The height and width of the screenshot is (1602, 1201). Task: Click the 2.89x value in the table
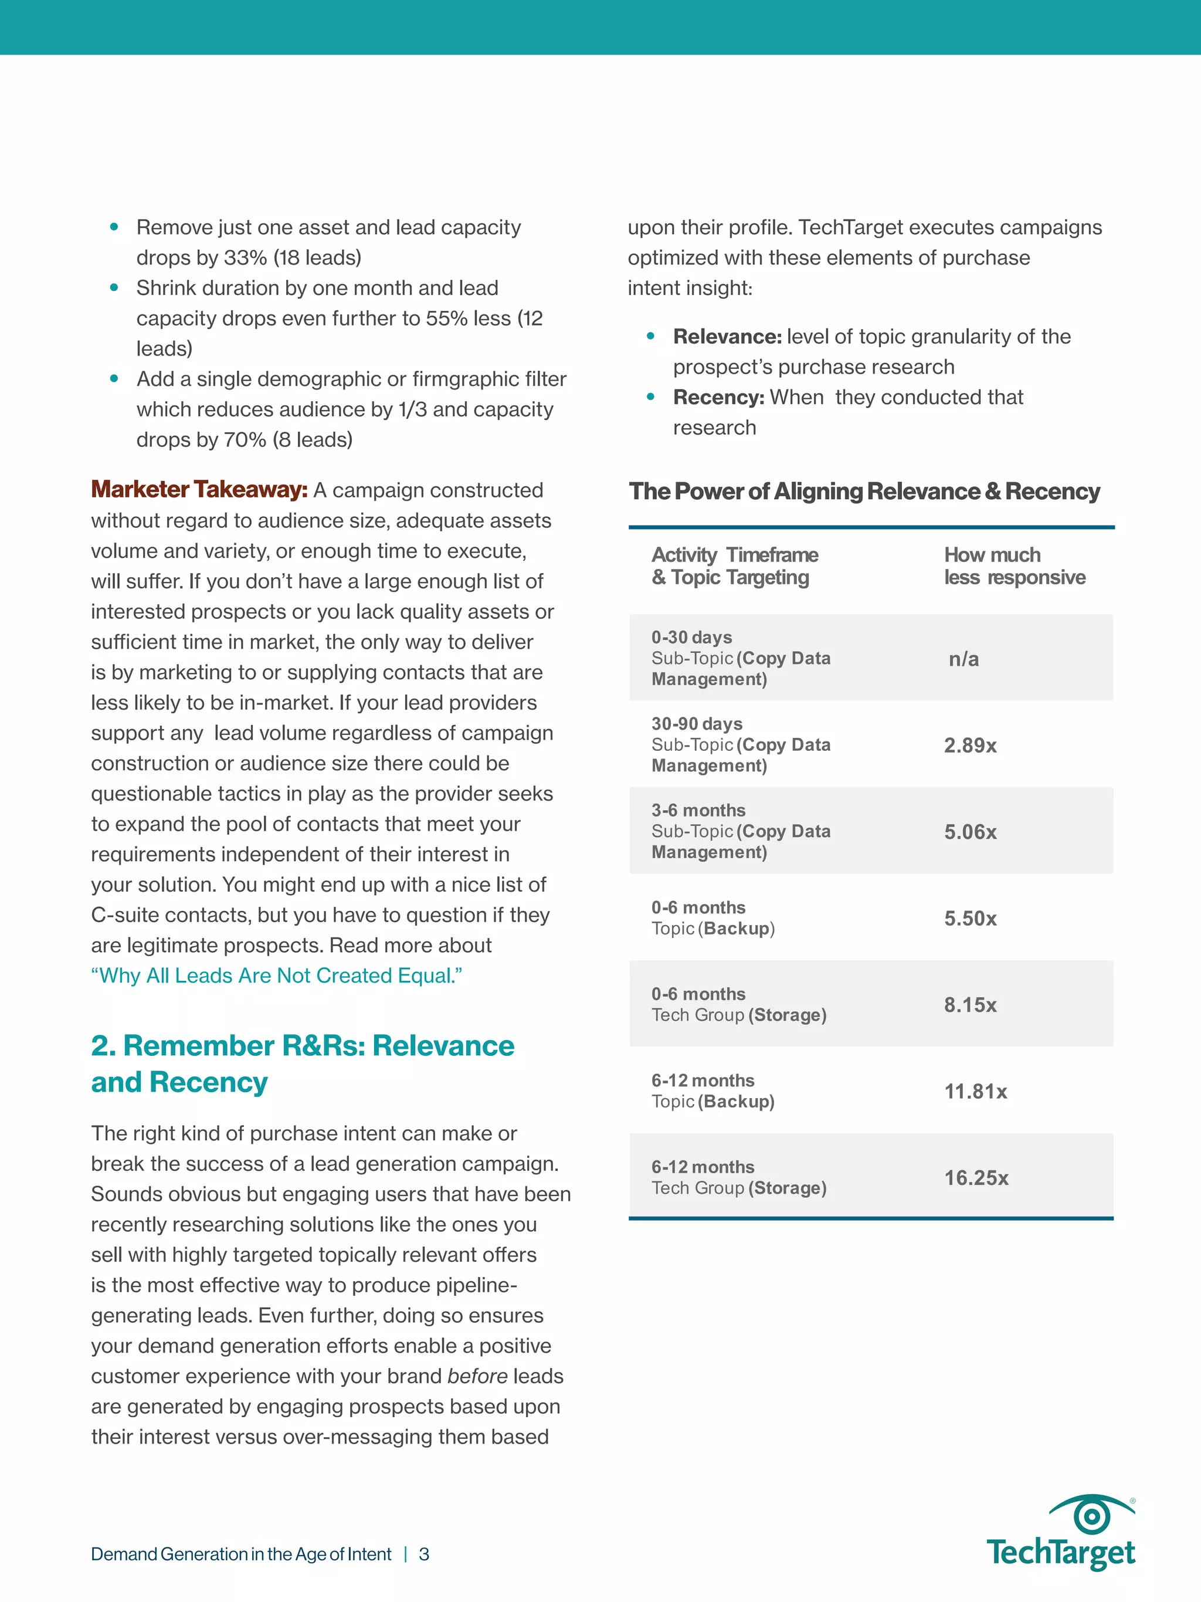970,745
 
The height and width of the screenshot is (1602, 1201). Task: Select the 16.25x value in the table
976,1178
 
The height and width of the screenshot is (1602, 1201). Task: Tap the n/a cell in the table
963,659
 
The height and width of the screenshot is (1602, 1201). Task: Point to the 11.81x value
975,1092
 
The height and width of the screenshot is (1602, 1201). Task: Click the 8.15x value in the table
970,1004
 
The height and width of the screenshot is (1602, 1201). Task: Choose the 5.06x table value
970,831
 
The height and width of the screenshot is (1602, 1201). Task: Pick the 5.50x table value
970,919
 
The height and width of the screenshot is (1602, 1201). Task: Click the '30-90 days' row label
697,723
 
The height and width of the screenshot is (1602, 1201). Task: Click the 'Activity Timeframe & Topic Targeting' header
734,565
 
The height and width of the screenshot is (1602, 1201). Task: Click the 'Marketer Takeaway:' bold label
199,490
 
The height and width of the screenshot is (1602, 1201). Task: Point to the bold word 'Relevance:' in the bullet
727,336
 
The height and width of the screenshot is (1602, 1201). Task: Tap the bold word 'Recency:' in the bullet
718,397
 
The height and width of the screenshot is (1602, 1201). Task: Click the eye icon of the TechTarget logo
1091,1515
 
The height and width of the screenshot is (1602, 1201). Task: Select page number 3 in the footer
424,1554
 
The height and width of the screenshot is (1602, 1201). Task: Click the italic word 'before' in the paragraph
477,1376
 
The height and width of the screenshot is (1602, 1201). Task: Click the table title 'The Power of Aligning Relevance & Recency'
864,491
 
